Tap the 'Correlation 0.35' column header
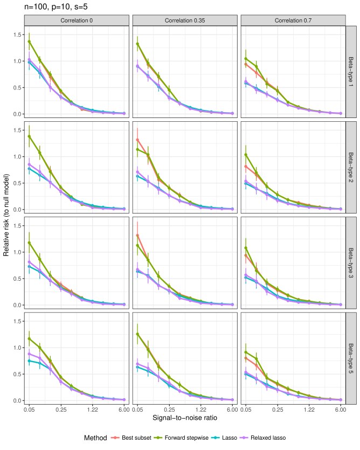[x=184, y=20]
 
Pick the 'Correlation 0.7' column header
[x=292, y=20]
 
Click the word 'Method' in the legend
[x=96, y=439]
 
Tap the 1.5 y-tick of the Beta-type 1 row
[x=16, y=34]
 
